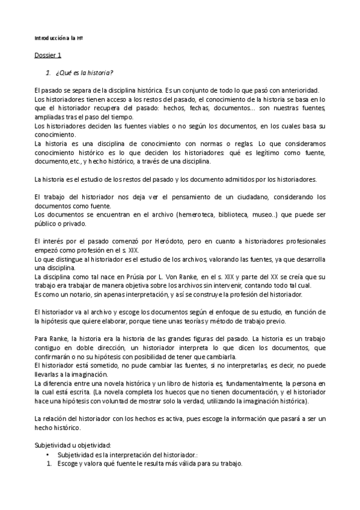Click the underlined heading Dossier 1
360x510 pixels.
(47, 56)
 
